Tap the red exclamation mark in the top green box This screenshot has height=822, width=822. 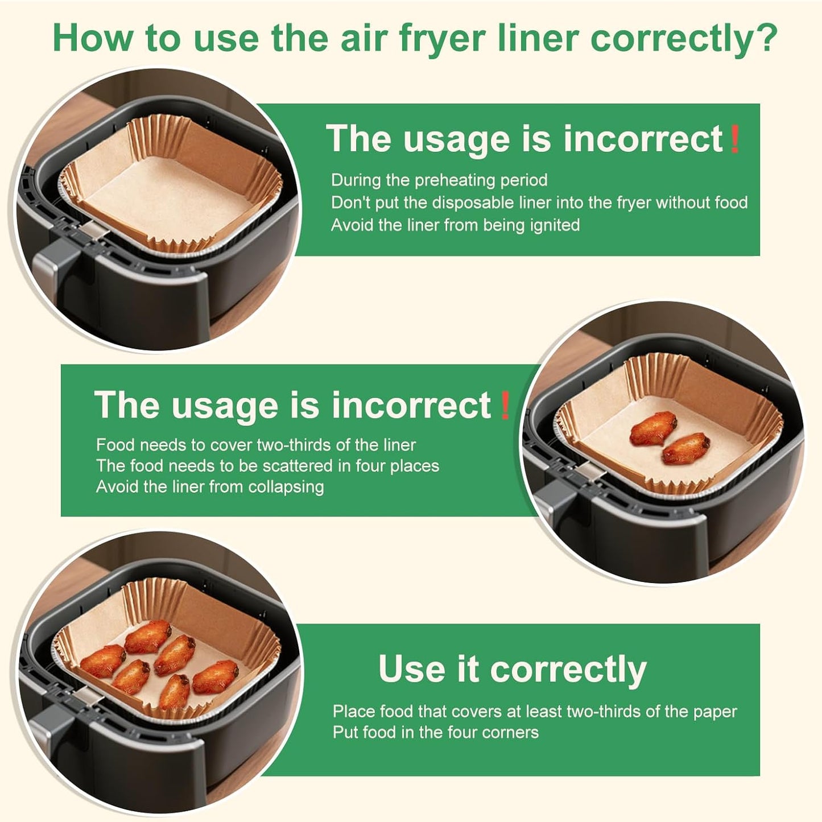734,139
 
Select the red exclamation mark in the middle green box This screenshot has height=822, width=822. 504,405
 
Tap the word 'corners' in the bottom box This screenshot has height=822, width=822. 510,732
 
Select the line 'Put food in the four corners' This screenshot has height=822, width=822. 435,732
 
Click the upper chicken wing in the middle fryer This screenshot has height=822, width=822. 653,428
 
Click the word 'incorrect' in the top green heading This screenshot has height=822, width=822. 643,139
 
